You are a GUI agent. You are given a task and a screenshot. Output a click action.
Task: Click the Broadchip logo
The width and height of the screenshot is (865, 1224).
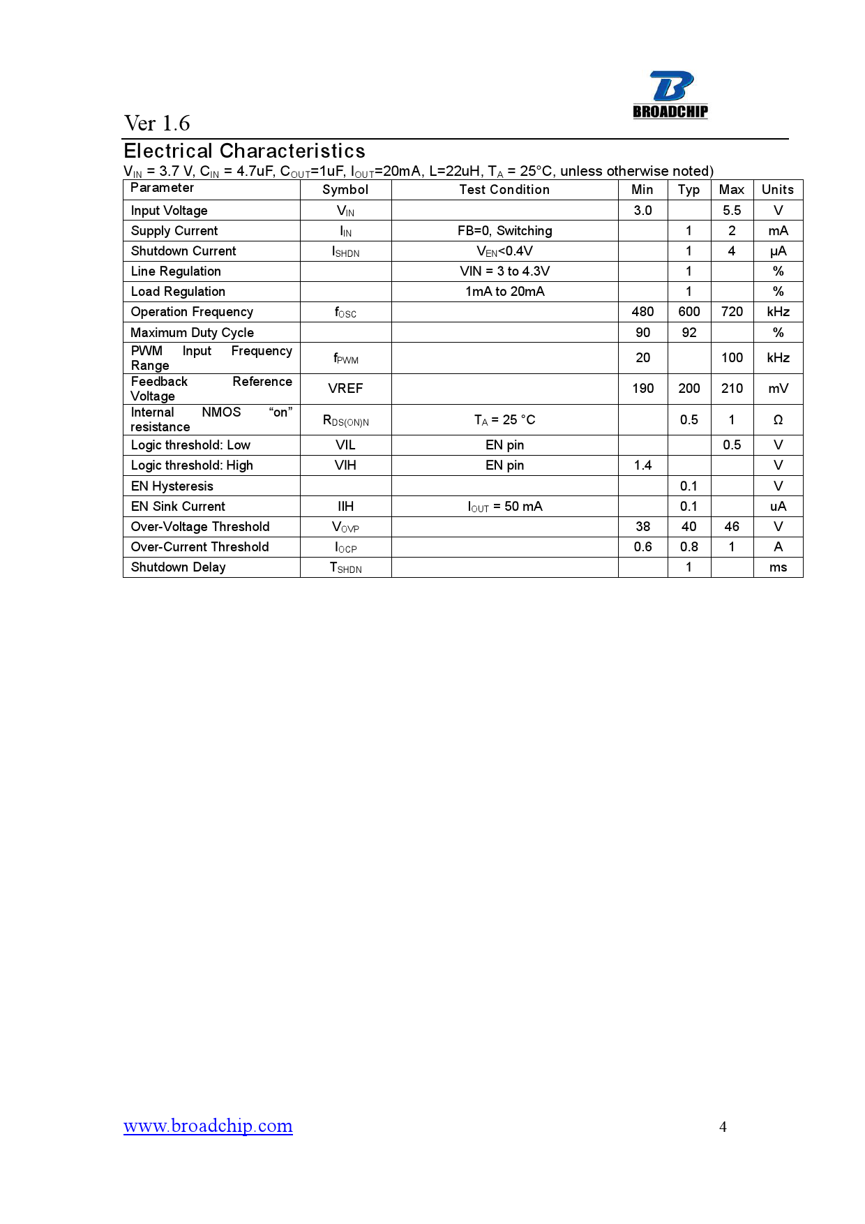pos(670,95)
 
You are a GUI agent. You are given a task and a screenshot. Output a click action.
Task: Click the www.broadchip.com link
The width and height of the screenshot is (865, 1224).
pos(208,1126)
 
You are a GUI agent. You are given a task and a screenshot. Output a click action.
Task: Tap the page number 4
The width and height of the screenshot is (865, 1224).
pos(723,1127)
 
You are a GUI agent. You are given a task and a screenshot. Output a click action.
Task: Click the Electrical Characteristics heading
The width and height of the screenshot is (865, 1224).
pos(244,151)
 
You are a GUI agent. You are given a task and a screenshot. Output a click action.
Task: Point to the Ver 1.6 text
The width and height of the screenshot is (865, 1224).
pos(157,124)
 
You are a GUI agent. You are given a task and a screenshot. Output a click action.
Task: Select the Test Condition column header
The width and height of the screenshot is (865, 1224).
pos(504,190)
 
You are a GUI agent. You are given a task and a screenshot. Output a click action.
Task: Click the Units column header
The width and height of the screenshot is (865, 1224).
pos(777,190)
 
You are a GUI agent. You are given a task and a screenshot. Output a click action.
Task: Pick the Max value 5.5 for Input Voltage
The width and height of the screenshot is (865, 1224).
pos(732,211)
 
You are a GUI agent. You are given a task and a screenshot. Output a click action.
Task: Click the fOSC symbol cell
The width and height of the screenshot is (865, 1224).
pos(345,313)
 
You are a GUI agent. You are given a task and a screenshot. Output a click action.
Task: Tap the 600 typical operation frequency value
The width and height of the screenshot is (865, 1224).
pos(689,312)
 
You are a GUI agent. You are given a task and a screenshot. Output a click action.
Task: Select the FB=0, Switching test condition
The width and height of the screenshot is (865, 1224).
pos(504,231)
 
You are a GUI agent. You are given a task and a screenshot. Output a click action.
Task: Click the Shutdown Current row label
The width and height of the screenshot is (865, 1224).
pos(183,251)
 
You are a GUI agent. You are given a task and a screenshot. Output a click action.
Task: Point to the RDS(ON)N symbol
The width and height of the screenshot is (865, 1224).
pos(345,421)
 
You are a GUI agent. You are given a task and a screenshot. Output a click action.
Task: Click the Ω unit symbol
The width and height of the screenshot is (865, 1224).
pos(778,420)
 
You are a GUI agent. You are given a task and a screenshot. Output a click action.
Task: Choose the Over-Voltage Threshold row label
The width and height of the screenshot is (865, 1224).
pos(200,527)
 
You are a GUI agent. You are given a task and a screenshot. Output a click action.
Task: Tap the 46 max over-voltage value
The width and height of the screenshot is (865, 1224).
pos(732,527)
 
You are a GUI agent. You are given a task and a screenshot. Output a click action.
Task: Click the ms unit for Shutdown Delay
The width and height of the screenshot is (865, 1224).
pos(778,567)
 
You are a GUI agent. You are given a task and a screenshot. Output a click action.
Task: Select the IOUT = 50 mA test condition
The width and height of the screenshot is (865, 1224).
pos(504,507)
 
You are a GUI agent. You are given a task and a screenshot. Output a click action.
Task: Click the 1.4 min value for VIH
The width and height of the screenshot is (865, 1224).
pos(642,465)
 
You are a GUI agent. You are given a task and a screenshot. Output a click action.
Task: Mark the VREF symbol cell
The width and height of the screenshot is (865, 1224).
pos(345,389)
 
